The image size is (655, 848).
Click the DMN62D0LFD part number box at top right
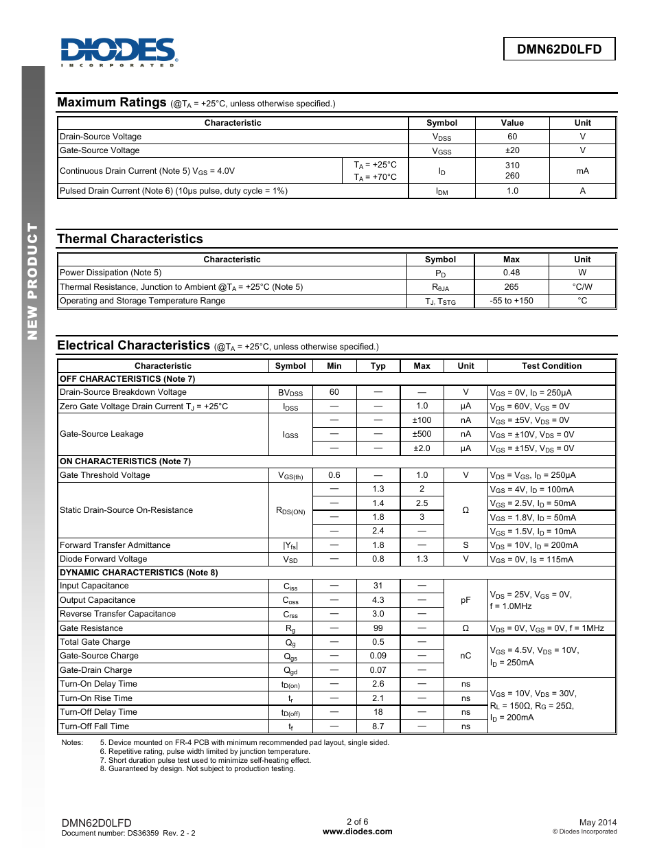click(x=559, y=49)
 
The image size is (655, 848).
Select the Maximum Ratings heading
click(x=112, y=102)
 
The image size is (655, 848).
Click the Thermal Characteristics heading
click(x=130, y=239)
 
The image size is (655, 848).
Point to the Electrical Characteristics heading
click(x=133, y=345)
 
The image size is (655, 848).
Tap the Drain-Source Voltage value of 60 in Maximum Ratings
click(x=512, y=137)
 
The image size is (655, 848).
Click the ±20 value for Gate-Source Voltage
click(x=512, y=150)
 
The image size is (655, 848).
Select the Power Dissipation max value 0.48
click(x=511, y=273)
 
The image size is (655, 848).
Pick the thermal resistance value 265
click(x=511, y=287)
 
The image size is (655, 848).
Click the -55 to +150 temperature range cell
click(x=511, y=301)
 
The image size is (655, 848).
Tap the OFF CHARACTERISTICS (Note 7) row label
click(x=128, y=379)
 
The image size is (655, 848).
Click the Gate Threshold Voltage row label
click(x=105, y=475)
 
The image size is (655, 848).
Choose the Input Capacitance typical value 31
click(x=378, y=586)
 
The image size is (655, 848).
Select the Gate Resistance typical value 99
click(x=378, y=628)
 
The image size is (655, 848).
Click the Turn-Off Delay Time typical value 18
click(x=378, y=712)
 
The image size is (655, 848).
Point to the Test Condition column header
click(x=551, y=366)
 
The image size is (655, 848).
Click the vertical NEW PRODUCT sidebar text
click(x=32, y=281)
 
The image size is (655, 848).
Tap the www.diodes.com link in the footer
click(x=357, y=832)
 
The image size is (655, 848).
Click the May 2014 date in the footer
click(x=597, y=823)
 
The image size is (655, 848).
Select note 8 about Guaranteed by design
click(x=198, y=769)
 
